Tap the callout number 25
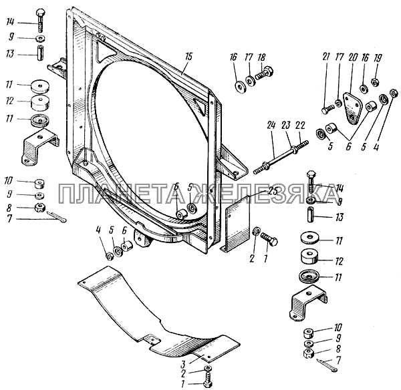tap(273, 190)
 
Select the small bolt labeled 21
tap(326, 109)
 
